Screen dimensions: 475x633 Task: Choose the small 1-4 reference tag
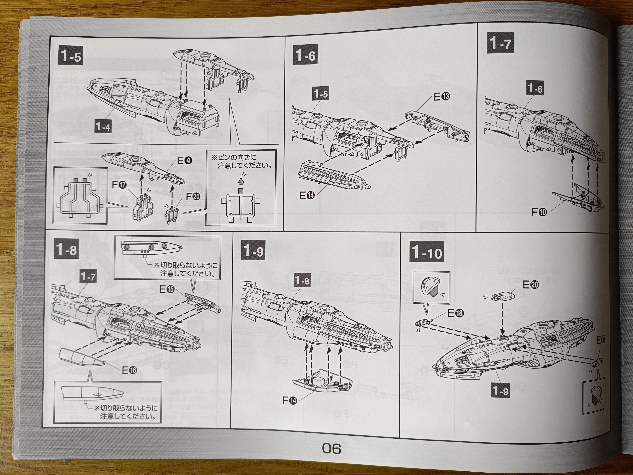click(103, 126)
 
